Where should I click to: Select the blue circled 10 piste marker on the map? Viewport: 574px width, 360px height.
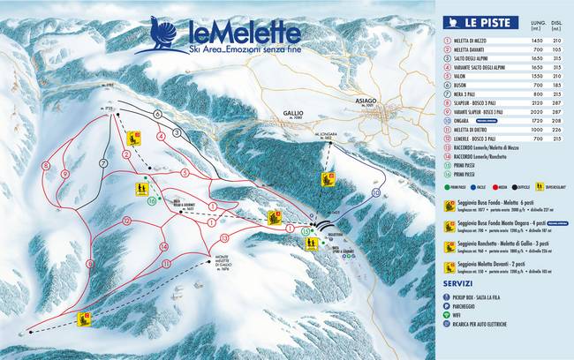[x=376, y=191]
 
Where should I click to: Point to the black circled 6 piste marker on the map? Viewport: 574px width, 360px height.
[x=156, y=114]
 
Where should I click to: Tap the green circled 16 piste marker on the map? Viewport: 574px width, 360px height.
[x=152, y=202]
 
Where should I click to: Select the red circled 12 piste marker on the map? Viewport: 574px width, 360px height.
[x=127, y=220]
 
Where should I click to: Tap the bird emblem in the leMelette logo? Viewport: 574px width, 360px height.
[x=160, y=34]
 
